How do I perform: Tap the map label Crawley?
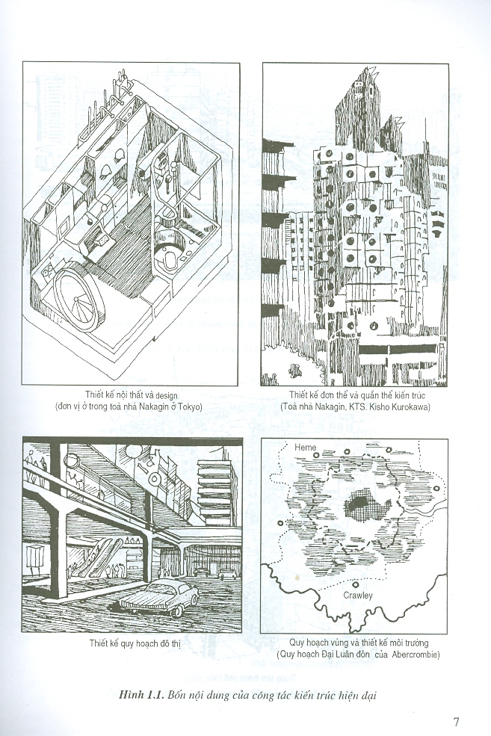point(358,596)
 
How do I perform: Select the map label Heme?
point(305,448)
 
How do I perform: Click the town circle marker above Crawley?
point(356,585)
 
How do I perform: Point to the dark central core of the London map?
point(362,507)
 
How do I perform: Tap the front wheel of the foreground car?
point(177,611)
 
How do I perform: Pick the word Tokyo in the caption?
point(191,406)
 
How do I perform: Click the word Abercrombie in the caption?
point(415,655)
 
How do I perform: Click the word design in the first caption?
point(166,395)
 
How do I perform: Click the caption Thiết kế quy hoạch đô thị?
point(135,643)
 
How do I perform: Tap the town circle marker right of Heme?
point(316,455)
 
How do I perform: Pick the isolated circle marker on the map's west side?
point(281,523)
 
